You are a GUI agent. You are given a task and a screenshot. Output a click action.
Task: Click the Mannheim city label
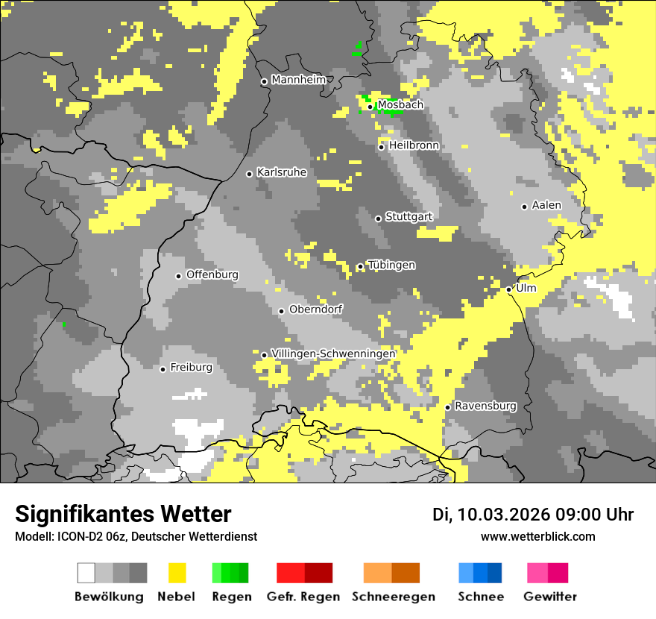pyautogui.click(x=299, y=80)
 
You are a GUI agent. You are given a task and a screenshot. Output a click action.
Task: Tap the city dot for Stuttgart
pyautogui.click(x=378, y=219)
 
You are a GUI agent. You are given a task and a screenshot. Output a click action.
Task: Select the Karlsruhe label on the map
pyautogui.click(x=282, y=172)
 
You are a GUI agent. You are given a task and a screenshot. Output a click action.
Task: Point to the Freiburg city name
pyautogui.click(x=191, y=368)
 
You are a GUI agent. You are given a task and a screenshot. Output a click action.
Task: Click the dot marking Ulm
pyautogui.click(x=508, y=289)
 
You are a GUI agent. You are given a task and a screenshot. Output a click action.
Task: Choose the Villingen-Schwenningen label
pyautogui.click(x=333, y=354)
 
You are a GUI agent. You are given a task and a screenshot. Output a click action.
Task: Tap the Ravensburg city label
pyautogui.click(x=485, y=406)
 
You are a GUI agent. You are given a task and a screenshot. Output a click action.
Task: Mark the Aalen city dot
pyautogui.click(x=524, y=207)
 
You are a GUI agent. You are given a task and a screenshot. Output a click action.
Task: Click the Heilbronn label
pyautogui.click(x=414, y=145)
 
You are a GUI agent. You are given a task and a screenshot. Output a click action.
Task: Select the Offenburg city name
pyautogui.click(x=212, y=274)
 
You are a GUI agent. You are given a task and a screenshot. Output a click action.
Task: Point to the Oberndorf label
pyautogui.click(x=316, y=309)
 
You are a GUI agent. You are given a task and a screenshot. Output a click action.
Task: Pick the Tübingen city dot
pyautogui.click(x=360, y=266)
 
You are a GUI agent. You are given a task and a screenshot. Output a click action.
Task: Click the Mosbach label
pyautogui.click(x=400, y=105)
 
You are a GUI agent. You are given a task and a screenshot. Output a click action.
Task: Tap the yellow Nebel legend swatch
pyautogui.click(x=177, y=573)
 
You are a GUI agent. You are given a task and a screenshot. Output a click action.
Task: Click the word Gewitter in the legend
pyautogui.click(x=549, y=597)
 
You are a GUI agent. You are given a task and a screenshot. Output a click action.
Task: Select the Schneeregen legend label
pyautogui.click(x=394, y=597)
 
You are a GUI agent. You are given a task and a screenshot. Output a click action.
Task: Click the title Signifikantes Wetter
pyautogui.click(x=123, y=514)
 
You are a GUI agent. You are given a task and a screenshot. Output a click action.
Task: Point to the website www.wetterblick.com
pyautogui.click(x=537, y=536)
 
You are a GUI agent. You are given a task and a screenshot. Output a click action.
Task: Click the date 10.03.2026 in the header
pyautogui.click(x=504, y=515)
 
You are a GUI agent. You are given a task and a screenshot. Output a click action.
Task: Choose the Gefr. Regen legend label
pyautogui.click(x=303, y=597)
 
